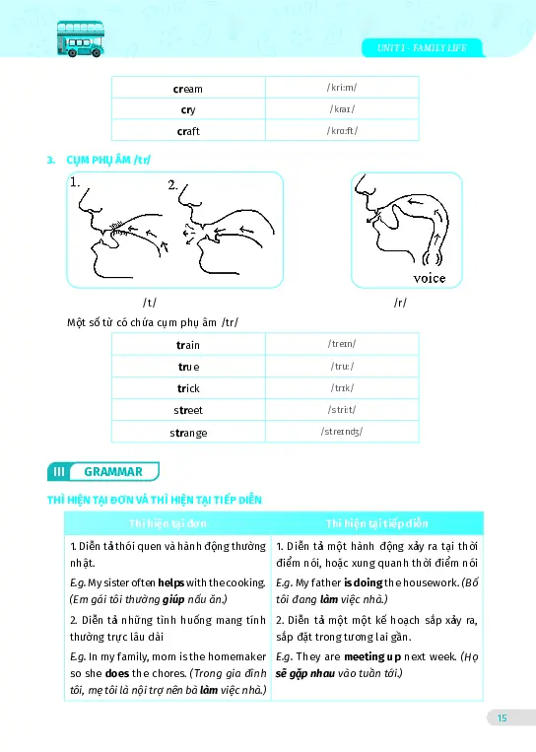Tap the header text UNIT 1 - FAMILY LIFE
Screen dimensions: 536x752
tap(422, 48)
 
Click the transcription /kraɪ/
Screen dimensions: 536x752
tap(342, 109)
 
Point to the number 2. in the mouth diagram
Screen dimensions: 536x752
tap(173, 184)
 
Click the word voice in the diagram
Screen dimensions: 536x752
tap(429, 278)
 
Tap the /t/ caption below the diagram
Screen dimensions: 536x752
tap(150, 303)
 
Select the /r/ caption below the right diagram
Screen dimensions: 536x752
tap(399, 303)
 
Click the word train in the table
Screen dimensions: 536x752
tap(187, 344)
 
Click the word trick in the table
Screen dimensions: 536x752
tap(187, 388)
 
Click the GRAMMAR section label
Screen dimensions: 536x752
tap(113, 472)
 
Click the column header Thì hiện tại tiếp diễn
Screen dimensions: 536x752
tap(377, 523)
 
